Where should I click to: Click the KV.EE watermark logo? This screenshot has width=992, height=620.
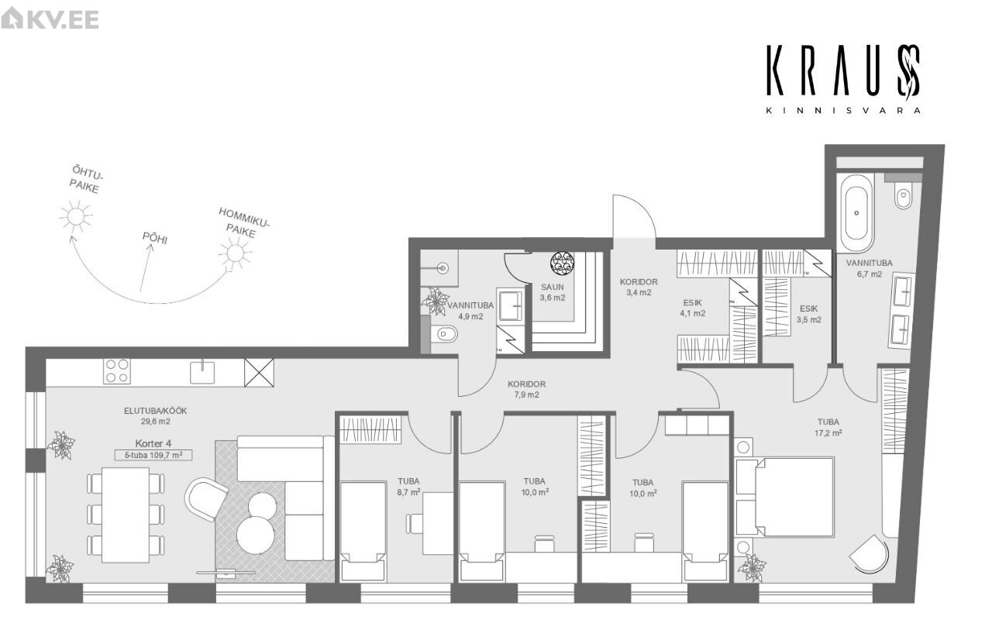(x=50, y=19)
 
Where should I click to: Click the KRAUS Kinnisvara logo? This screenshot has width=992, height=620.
(x=844, y=80)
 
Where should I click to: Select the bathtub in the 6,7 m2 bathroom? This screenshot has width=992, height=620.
(x=856, y=213)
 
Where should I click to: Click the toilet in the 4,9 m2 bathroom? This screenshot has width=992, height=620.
(x=443, y=334)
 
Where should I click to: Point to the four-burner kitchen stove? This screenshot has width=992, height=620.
(x=117, y=371)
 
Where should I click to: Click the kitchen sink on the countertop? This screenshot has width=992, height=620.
(x=202, y=371)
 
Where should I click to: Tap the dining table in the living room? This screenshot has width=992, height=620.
(x=126, y=515)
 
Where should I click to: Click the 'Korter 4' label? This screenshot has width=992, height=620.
(x=153, y=443)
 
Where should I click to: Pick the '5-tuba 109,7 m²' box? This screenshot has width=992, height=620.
(x=153, y=455)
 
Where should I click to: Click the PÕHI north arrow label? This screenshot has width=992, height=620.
(x=154, y=237)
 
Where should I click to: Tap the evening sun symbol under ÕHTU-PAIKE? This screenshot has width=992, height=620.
(x=76, y=216)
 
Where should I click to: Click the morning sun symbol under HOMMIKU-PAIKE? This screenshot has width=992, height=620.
(x=235, y=253)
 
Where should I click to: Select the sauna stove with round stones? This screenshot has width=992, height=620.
(x=562, y=263)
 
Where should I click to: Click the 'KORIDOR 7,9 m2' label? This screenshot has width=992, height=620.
(x=526, y=389)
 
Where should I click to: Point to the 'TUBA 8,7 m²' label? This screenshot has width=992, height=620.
(x=408, y=486)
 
